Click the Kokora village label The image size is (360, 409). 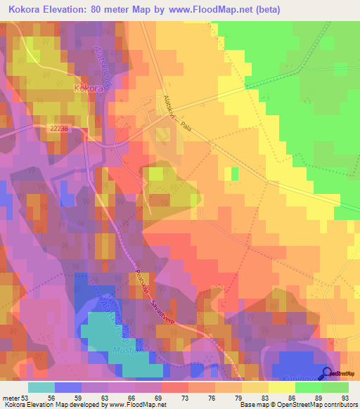88,89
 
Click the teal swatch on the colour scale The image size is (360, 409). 41,388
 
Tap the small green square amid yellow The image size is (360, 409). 235,173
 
